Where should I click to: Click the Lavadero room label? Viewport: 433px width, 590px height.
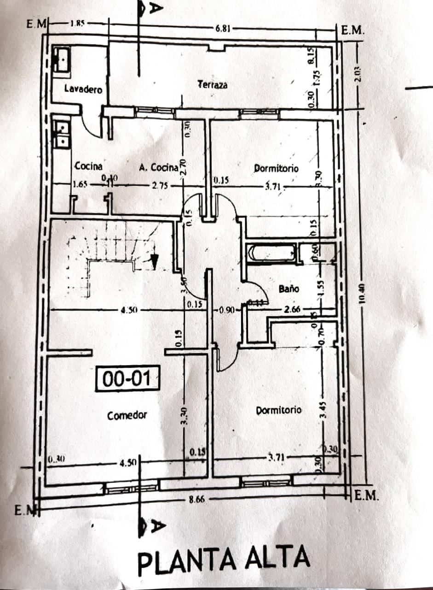(83, 89)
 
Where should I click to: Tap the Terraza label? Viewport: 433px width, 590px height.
(212, 85)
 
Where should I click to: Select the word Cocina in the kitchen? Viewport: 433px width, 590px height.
(88, 166)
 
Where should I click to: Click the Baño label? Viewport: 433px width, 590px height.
(289, 289)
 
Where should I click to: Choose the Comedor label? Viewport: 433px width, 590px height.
(127, 415)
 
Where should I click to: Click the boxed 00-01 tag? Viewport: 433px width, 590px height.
(127, 379)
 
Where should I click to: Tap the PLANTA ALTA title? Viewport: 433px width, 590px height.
(224, 559)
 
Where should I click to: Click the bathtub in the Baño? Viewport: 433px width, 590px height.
(271, 254)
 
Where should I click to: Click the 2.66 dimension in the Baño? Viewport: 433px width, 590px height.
(292, 309)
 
